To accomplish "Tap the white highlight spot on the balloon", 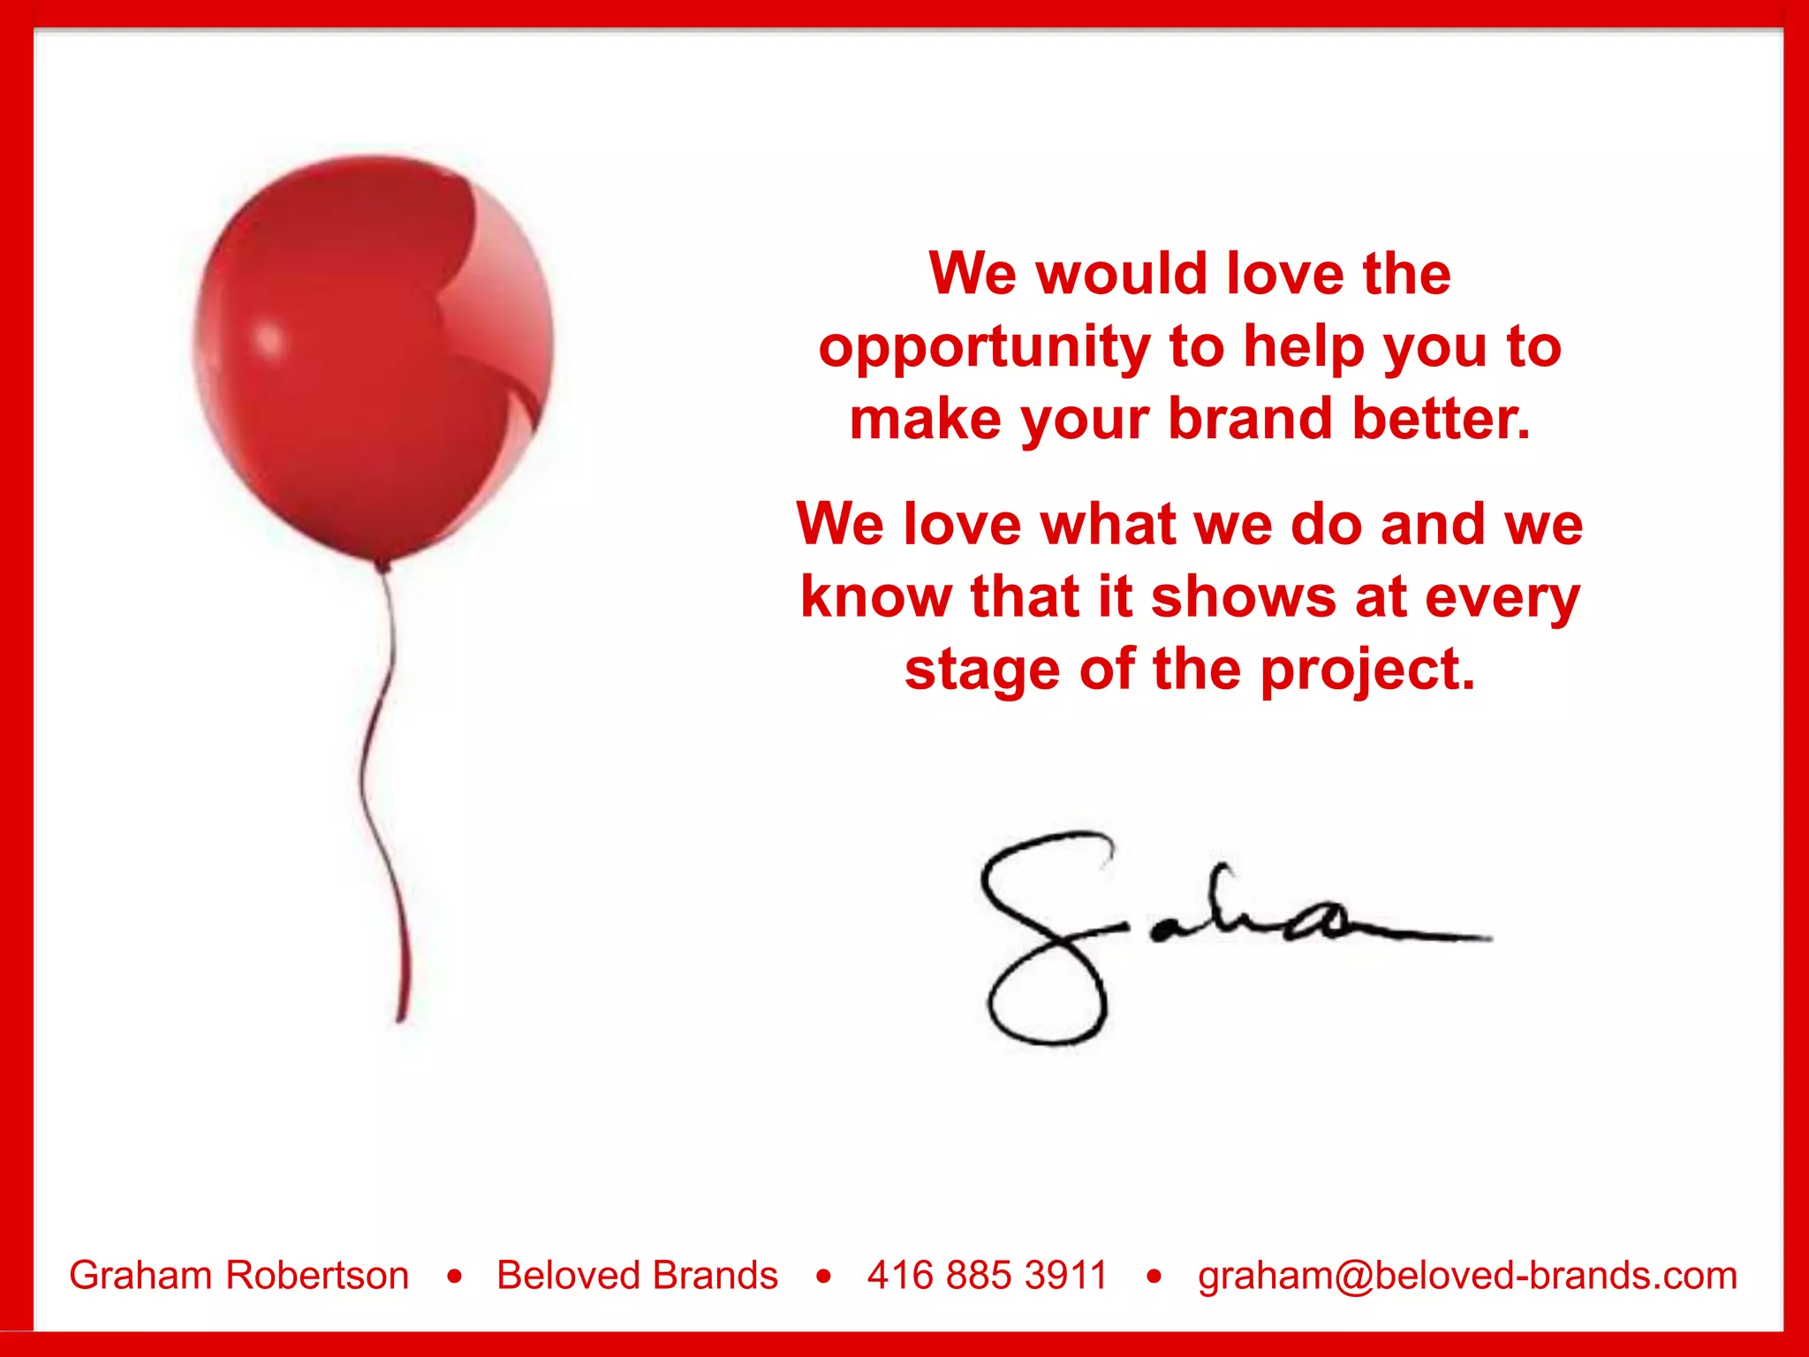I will click(x=268, y=339).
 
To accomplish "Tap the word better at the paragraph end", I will click(x=1441, y=419).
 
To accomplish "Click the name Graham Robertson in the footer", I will click(x=239, y=1275).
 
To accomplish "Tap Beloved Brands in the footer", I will click(x=637, y=1275).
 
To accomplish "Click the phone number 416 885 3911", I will click(x=987, y=1275).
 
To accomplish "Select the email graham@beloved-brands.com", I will click(x=1467, y=1275).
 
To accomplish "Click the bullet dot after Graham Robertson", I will click(x=455, y=1276).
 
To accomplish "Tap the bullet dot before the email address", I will click(x=1154, y=1276).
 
